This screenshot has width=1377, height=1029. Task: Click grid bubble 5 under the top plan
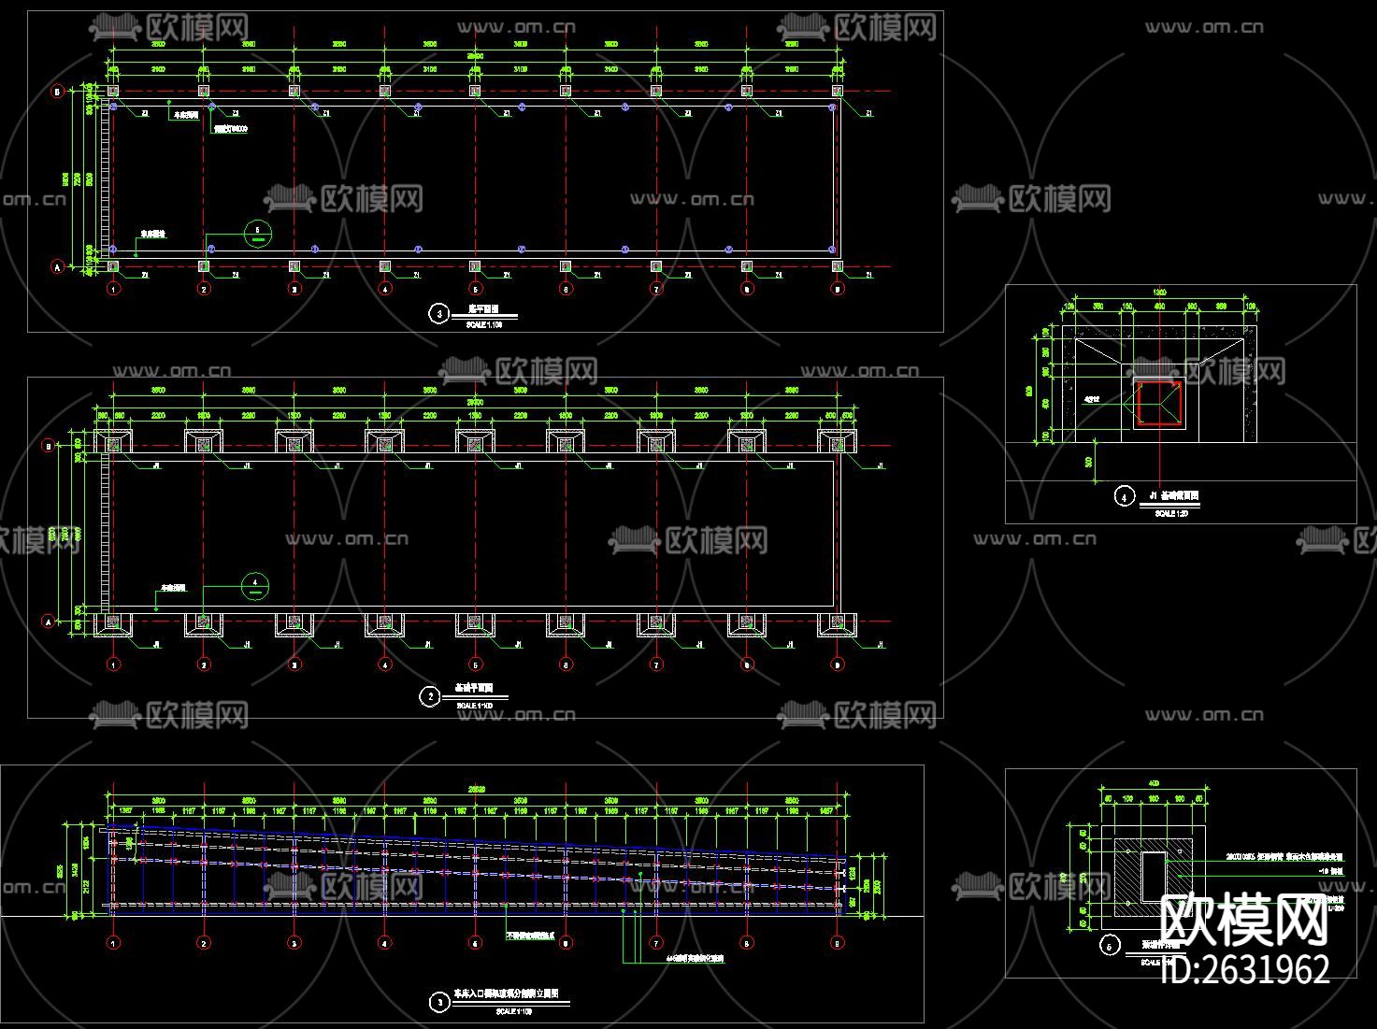[x=475, y=290]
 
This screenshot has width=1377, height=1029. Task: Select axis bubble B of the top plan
[x=57, y=92]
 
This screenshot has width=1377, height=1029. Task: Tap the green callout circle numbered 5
[x=257, y=233]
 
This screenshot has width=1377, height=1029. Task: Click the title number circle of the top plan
[x=439, y=314]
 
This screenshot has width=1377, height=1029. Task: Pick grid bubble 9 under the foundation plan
[x=838, y=665]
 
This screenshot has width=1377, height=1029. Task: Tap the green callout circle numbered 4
[x=255, y=586]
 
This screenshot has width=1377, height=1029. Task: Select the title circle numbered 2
[x=430, y=696]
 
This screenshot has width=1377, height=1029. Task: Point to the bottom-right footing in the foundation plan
[x=838, y=623]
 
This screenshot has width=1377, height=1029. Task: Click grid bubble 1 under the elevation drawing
[x=113, y=943]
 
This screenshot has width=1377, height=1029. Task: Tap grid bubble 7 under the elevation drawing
[x=656, y=943]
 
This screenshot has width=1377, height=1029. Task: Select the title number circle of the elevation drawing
[x=439, y=1003]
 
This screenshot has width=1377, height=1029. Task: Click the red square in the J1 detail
[x=1158, y=405]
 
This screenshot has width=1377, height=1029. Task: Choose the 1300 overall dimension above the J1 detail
[x=1159, y=293]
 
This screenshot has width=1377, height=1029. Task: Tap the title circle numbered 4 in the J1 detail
[x=1124, y=497]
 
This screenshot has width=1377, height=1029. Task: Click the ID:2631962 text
[x=1244, y=969]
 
